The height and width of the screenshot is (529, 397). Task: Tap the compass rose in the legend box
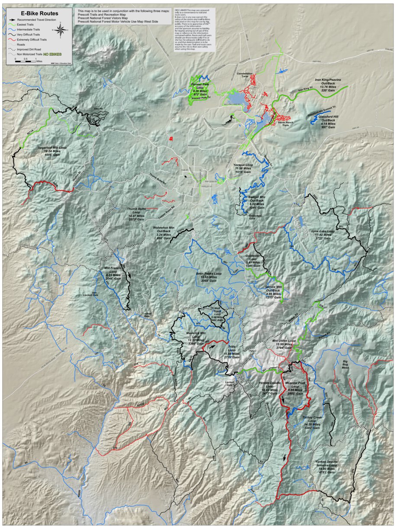pyautogui.click(x=60, y=30)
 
